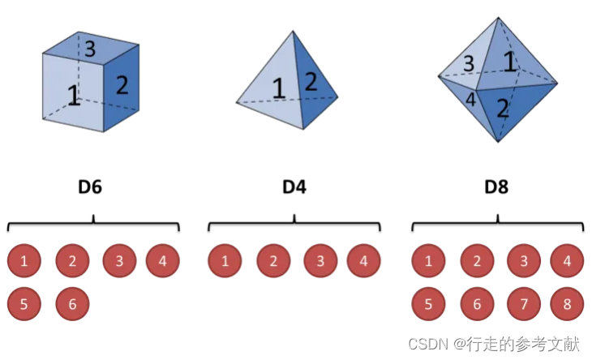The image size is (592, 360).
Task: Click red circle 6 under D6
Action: [x=72, y=304]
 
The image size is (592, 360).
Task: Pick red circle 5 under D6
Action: [x=24, y=304]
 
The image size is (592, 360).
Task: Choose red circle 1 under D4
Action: [x=225, y=261]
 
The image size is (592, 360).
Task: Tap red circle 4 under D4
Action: [x=364, y=261]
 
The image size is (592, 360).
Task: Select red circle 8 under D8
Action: [x=566, y=304]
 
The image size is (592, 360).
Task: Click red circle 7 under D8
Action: [x=523, y=304]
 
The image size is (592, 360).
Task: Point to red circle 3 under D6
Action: [x=119, y=261]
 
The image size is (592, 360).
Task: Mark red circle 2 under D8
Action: [x=476, y=261]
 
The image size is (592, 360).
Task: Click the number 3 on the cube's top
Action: [x=90, y=48]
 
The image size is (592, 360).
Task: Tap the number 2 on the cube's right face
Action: [x=122, y=84]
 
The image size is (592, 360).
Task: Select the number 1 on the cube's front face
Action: [x=73, y=96]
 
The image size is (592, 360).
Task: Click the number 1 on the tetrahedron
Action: [x=279, y=88]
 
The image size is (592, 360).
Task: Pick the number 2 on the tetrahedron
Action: [x=311, y=81]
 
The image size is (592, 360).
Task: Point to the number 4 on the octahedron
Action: [x=469, y=99]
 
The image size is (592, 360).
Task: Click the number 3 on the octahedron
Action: [x=469, y=64]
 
